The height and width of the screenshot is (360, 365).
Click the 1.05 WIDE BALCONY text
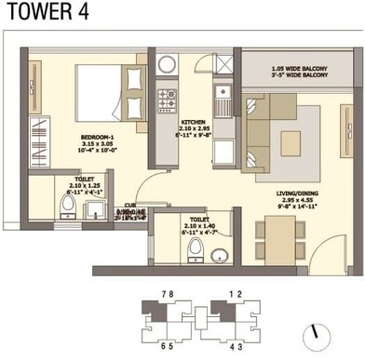297,68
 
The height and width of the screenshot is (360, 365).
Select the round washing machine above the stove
168,64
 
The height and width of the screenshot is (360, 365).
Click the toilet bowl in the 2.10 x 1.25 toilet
67,207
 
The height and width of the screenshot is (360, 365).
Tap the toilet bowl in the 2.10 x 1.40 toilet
195,248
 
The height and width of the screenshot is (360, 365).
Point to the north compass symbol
320,331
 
